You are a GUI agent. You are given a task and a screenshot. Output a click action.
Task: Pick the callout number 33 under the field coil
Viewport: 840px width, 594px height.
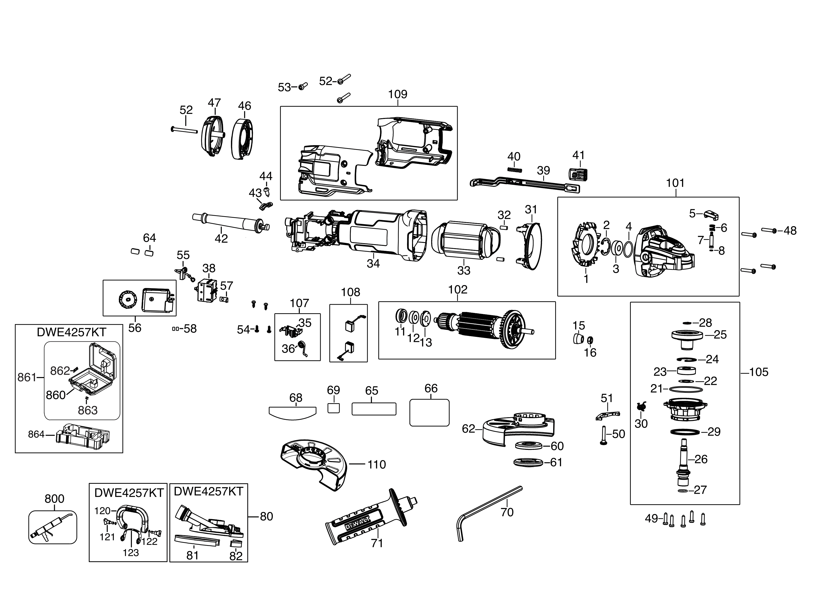(x=464, y=271)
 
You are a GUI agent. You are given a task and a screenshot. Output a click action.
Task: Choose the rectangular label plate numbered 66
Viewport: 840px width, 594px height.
(x=429, y=412)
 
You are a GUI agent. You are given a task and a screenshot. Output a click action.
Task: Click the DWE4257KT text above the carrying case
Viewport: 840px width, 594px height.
(x=71, y=332)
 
